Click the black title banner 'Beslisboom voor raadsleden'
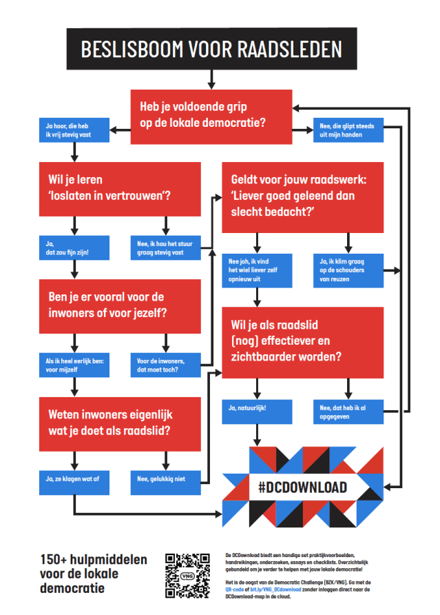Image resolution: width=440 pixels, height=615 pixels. point(211,49)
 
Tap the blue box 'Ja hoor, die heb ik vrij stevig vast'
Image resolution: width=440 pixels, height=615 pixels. point(74,130)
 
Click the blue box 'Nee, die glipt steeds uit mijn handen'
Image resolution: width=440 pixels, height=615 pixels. point(348,130)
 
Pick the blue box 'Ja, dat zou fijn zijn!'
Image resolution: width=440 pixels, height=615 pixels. point(74,248)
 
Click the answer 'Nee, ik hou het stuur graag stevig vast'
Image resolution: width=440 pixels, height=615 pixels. point(165,248)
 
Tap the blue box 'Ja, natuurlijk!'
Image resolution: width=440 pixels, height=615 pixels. point(256,410)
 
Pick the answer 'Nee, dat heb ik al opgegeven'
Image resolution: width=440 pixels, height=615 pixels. point(348,410)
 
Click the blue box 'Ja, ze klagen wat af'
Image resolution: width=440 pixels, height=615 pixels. point(74,481)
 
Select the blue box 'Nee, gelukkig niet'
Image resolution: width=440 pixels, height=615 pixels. point(165,481)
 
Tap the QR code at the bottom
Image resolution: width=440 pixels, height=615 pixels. point(188,574)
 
